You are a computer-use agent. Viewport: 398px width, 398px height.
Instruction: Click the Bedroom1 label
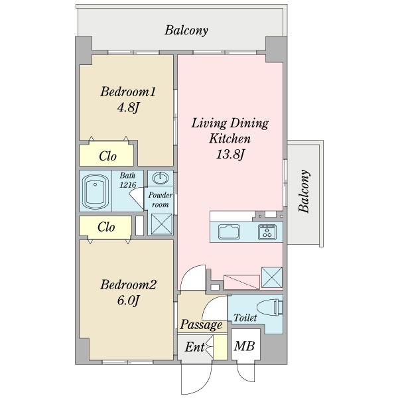click(128, 92)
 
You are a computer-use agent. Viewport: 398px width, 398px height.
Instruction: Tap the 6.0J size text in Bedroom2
click(128, 300)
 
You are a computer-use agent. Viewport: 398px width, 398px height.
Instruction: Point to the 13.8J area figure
click(230, 155)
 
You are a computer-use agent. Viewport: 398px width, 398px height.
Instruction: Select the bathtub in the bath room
click(95, 191)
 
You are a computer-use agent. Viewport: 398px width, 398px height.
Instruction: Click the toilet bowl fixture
click(270, 307)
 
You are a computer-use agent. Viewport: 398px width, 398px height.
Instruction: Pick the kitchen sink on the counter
click(229, 232)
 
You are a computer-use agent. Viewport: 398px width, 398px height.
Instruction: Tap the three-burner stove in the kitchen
click(267, 232)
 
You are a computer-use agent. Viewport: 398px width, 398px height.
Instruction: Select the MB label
click(244, 346)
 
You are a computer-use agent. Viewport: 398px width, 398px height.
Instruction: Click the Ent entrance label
click(194, 347)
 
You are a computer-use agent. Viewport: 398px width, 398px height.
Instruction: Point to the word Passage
click(201, 324)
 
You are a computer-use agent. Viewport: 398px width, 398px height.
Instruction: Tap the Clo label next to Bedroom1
click(107, 156)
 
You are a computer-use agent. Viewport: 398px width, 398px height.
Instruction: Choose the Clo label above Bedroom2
click(106, 227)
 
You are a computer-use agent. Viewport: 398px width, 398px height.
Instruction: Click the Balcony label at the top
click(186, 31)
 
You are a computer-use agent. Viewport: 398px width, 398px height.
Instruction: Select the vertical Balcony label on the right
click(304, 191)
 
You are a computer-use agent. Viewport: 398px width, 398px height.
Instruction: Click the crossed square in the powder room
click(161, 224)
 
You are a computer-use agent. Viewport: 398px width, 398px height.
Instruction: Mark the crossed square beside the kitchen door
click(272, 277)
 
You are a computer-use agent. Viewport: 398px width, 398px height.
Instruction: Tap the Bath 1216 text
click(127, 180)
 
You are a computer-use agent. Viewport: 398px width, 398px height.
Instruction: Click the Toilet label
click(245, 318)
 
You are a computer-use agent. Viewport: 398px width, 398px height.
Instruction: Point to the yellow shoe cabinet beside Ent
click(220, 347)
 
